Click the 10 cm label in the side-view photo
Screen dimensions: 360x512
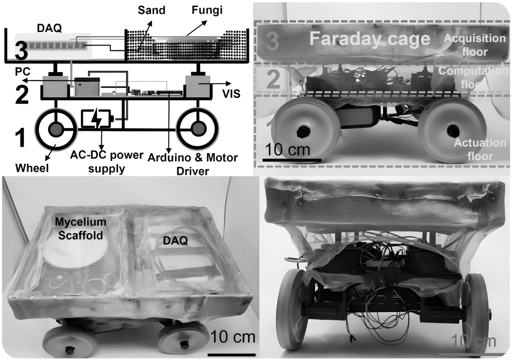[287, 150]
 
